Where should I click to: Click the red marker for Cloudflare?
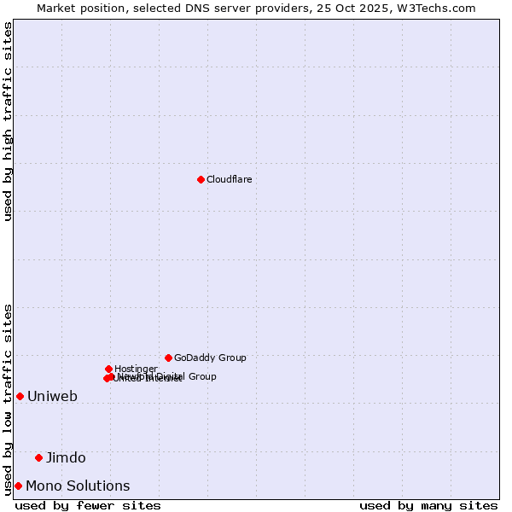[x=201, y=179]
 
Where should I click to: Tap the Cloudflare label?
[x=229, y=179]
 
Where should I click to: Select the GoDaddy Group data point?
[x=168, y=358]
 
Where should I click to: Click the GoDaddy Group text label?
[x=210, y=358]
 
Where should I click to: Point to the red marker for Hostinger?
[x=108, y=369]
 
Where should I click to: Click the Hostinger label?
[x=136, y=369]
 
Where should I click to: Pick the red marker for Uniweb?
[x=20, y=396]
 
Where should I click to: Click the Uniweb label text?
[x=52, y=396]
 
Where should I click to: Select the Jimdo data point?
[x=38, y=457]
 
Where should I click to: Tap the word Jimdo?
[x=66, y=457]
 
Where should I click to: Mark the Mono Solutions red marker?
[x=18, y=486]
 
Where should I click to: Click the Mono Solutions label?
[x=78, y=486]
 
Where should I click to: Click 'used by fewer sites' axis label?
[x=88, y=505]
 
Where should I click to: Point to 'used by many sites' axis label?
[x=428, y=505]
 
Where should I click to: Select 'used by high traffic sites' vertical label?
[x=8, y=121]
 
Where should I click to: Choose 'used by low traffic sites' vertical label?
[x=8, y=399]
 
